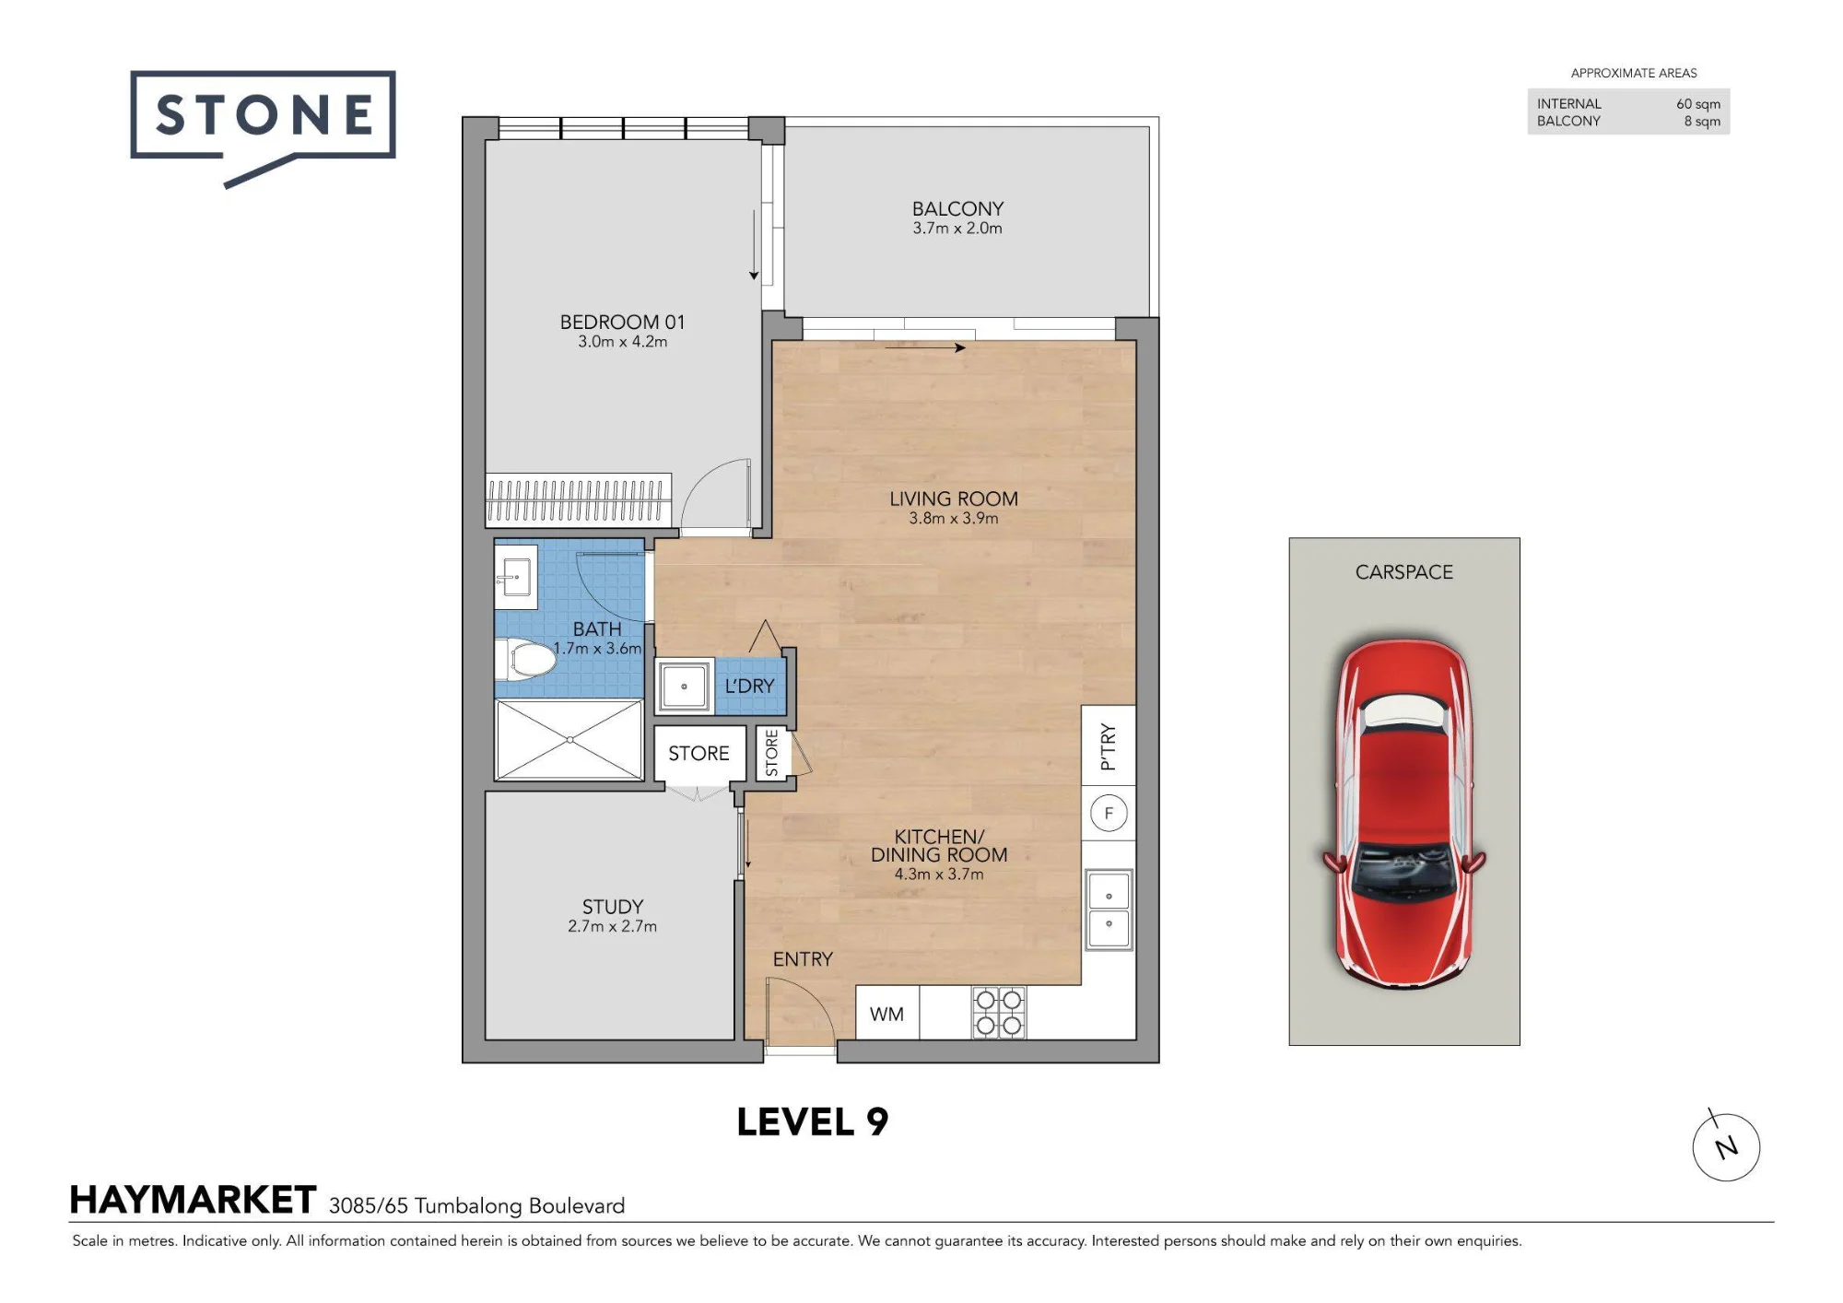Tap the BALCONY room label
click(957, 209)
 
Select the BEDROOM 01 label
click(622, 322)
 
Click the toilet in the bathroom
click(526, 659)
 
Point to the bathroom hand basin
click(516, 577)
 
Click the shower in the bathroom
click(569, 740)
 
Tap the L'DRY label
click(749, 686)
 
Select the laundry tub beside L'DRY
click(684, 686)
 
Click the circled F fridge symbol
click(1109, 813)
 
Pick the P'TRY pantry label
click(1108, 747)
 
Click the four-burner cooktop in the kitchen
click(999, 1013)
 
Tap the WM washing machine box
click(886, 1014)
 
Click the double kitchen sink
click(1109, 910)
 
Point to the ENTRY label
click(803, 959)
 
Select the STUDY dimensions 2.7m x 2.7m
click(613, 926)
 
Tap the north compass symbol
click(1726, 1146)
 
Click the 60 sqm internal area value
click(1698, 104)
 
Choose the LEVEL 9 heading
click(813, 1121)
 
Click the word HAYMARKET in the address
click(194, 1200)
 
